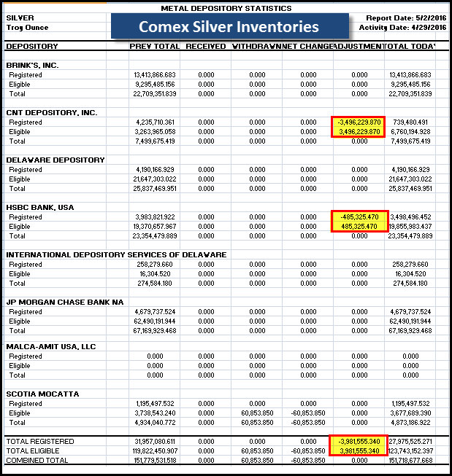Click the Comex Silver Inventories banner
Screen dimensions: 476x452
point(229,27)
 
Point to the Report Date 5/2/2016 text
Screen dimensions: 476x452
point(402,17)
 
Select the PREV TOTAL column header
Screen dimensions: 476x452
point(153,47)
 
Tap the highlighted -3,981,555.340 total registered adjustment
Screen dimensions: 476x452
point(358,441)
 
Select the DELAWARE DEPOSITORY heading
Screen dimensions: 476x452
point(55,160)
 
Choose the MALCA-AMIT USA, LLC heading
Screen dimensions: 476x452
point(51,346)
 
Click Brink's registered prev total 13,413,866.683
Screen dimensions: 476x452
point(155,74)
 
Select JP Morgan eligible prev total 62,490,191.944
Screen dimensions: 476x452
point(155,321)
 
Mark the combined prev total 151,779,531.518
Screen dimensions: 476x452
point(153,460)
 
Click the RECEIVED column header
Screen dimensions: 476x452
point(205,47)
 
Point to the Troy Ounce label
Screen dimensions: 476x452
point(27,27)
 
